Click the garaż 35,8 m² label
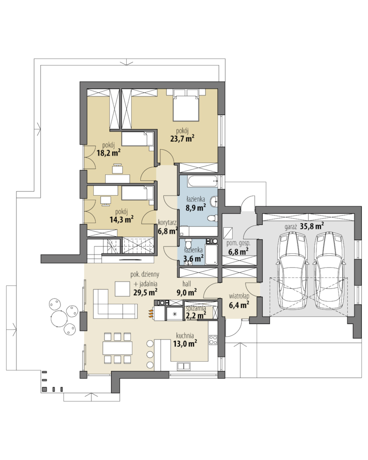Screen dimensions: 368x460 (x=304, y=226)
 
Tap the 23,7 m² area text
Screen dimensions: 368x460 (x=182, y=138)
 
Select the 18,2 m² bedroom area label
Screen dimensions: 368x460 (x=109, y=152)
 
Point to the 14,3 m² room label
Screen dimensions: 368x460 (x=122, y=219)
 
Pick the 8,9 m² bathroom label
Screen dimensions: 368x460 (x=195, y=208)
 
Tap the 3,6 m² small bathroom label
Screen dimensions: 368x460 (x=193, y=258)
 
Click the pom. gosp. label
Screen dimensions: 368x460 (x=238, y=243)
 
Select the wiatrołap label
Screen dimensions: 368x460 (x=239, y=296)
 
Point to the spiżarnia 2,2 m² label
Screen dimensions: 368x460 (x=196, y=312)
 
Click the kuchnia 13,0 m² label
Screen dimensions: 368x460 (x=185, y=340)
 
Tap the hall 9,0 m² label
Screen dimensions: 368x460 (x=187, y=288)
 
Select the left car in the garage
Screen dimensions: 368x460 (x=292, y=271)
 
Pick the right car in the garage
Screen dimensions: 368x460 (x=329, y=271)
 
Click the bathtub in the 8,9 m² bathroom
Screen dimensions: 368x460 (x=202, y=181)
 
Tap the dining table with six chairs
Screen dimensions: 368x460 (x=117, y=348)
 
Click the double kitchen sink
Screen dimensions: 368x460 (x=184, y=366)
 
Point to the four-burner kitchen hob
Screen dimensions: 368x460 (x=213, y=340)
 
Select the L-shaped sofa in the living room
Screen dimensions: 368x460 (x=114, y=305)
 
